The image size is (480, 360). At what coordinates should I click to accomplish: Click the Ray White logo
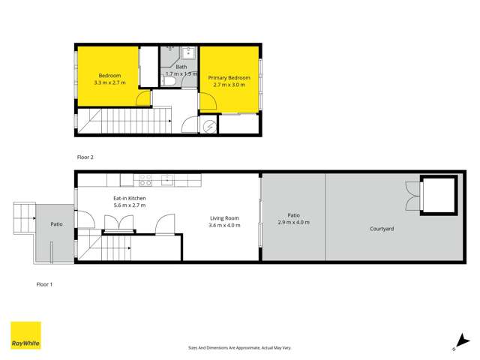(25, 336)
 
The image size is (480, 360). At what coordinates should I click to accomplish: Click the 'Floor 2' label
(85, 157)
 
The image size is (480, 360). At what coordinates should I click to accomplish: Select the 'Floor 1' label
(45, 284)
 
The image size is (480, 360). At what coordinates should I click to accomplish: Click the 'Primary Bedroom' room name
(229, 78)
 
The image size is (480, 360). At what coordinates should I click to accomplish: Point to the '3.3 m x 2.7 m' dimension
(107, 82)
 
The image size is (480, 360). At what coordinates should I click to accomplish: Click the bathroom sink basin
(187, 53)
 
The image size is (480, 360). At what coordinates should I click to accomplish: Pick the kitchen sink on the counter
(168, 179)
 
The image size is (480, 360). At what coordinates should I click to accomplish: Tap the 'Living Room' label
(224, 218)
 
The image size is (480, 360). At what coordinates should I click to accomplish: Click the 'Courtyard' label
(382, 229)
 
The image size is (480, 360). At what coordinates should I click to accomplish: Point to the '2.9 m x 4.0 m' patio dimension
(293, 223)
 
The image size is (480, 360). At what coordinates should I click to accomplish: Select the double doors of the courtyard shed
(411, 196)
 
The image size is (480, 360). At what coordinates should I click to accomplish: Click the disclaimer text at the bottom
(240, 348)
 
